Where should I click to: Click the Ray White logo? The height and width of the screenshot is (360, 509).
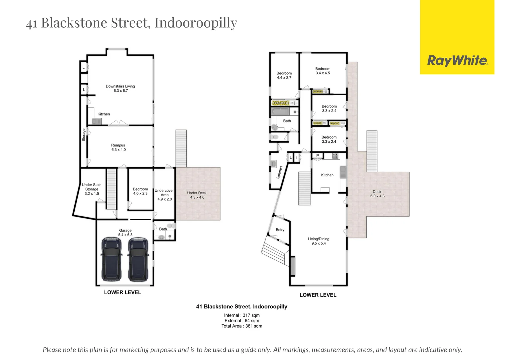point(457,61)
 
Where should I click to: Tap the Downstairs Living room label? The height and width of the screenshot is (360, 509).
point(120,88)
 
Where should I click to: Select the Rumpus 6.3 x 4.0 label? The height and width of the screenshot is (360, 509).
point(118,147)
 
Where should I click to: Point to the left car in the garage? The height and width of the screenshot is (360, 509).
point(111,259)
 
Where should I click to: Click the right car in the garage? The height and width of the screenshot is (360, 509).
point(138,259)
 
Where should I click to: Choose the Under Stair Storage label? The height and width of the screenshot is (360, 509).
point(91,189)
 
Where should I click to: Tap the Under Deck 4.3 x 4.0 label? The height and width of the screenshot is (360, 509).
point(197,195)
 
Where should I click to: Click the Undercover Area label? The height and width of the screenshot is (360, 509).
point(164,195)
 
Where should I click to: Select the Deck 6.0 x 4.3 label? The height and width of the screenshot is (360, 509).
point(377,194)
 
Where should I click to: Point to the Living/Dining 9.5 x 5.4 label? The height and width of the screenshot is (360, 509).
point(319,241)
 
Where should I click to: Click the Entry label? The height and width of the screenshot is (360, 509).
point(280,230)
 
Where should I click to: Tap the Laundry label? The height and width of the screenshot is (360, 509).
point(280,173)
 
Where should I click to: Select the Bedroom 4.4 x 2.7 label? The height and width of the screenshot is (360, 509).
point(284,75)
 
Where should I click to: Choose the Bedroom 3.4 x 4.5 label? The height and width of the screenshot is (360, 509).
point(323,71)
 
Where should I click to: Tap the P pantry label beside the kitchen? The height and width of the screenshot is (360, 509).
point(318,156)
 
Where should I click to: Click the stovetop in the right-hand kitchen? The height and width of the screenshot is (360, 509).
point(335,155)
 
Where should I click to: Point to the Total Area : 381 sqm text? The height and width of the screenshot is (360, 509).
point(242,326)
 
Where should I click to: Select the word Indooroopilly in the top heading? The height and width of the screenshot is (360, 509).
point(196,23)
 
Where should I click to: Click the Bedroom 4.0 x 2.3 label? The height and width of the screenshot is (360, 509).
point(140,191)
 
